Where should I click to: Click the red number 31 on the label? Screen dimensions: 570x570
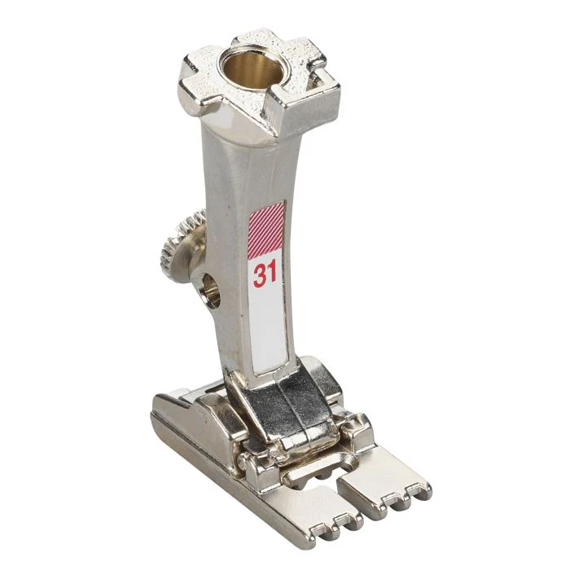(265, 274)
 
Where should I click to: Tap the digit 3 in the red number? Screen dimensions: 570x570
(258, 274)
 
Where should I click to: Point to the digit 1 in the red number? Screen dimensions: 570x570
(272, 274)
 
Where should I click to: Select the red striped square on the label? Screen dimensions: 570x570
(265, 230)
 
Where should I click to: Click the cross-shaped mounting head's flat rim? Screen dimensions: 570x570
(204, 77)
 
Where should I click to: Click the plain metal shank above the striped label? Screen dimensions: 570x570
(261, 163)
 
